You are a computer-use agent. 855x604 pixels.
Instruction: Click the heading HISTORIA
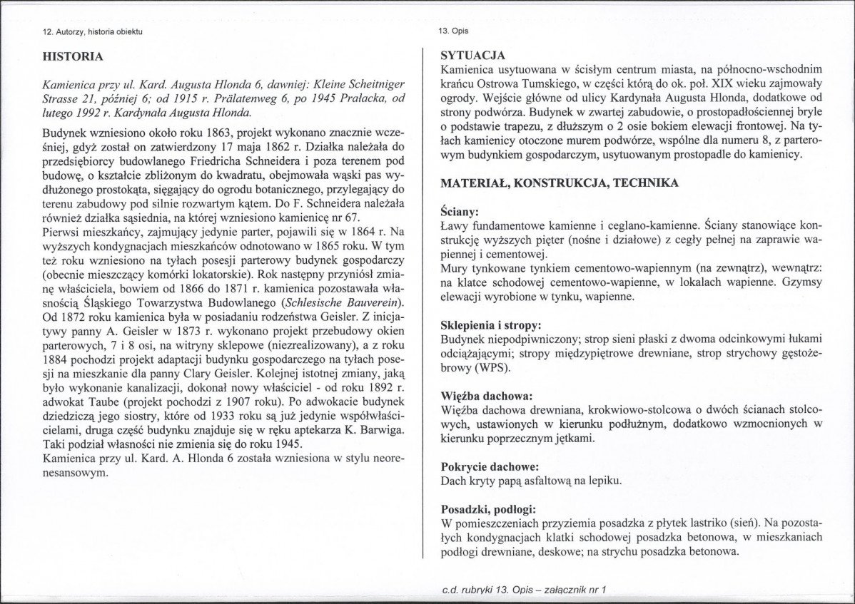pyautogui.click(x=74, y=56)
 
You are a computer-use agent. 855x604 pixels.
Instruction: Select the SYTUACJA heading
pyautogui.click(x=473, y=55)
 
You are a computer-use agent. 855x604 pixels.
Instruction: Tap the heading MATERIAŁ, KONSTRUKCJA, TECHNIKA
pyautogui.click(x=559, y=183)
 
